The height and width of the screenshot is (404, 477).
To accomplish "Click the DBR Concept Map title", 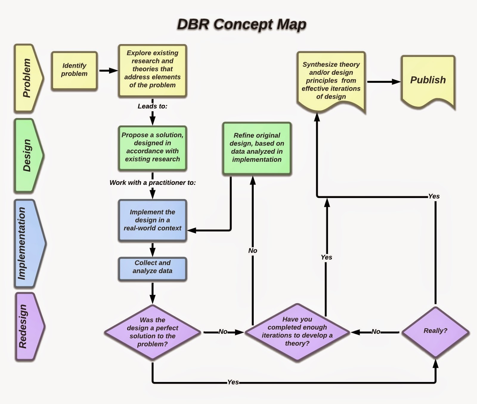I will tap(241, 24).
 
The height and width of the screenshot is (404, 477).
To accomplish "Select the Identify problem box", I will tap(74, 70).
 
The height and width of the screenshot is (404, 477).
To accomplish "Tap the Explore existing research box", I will tap(152, 70).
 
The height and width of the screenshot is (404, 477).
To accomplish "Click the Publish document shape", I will tap(428, 80).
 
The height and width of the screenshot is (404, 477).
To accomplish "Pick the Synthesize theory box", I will tap(331, 80).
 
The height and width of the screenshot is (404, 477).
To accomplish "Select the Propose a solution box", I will tap(152, 147).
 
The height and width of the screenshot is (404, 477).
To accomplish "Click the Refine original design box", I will tap(257, 148).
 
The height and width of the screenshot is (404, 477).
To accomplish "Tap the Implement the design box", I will tap(152, 220).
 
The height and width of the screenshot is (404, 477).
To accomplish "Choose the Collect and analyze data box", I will tap(152, 267).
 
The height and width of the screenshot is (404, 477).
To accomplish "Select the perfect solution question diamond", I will tap(152, 332).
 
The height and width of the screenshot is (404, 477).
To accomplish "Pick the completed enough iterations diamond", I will tap(297, 332).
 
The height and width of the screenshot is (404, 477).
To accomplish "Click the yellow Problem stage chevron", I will tap(27, 78).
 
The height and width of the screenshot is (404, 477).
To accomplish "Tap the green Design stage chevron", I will tap(28, 155).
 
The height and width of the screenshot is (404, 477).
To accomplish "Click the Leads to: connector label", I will tap(152, 106).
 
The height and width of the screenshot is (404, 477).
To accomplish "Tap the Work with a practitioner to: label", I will tap(152, 182).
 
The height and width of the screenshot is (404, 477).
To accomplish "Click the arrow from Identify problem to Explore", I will tap(108, 71).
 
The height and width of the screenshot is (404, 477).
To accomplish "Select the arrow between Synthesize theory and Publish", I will tap(383, 82).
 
